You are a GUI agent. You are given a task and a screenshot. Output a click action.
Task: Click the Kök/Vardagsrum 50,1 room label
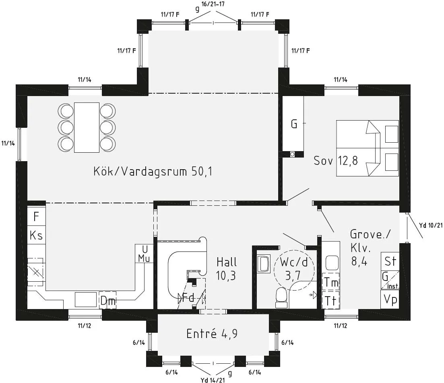tap(153, 172)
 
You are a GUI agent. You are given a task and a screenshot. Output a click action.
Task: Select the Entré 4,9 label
tap(211, 334)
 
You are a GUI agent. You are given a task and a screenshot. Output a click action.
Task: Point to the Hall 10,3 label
tap(227, 269)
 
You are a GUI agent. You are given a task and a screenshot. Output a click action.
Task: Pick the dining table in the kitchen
tap(87, 127)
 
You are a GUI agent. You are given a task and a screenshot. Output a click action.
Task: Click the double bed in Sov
tap(367, 148)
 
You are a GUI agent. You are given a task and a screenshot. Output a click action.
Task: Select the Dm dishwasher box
tap(107, 300)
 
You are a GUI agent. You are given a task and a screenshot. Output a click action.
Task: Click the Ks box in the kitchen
tap(36, 235)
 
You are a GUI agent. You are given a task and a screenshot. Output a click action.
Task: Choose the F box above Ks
tap(36, 217)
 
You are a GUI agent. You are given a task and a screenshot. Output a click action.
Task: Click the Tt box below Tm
tap(331, 300)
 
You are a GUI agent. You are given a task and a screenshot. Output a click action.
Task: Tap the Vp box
tap(390, 299)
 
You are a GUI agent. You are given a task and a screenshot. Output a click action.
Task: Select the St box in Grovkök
tap(390, 261)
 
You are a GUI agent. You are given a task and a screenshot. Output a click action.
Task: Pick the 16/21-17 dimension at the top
tap(213, 4)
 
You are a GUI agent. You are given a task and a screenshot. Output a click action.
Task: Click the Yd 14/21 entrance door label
tap(213, 379)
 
